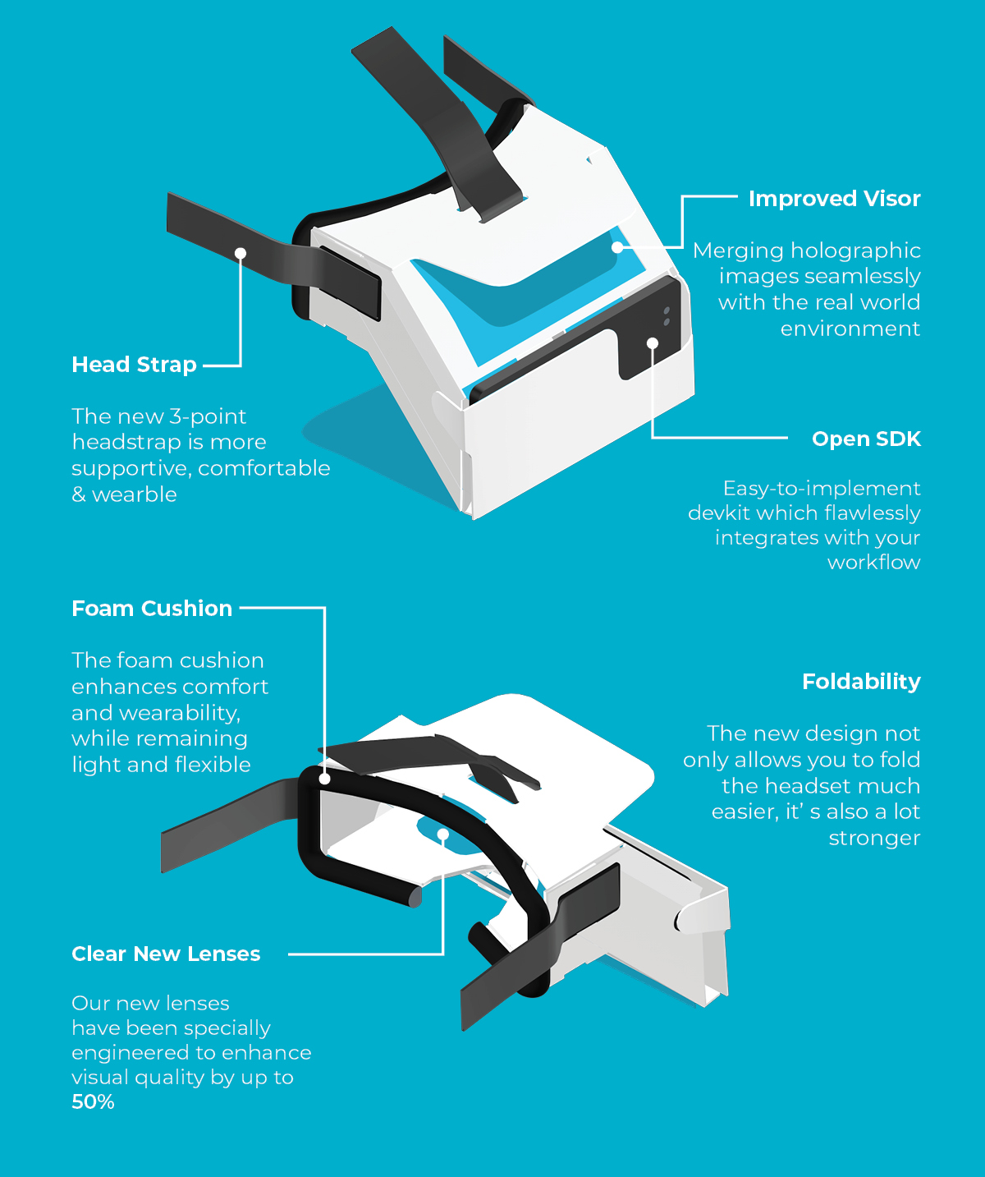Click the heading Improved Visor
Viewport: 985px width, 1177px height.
pyautogui.click(x=834, y=199)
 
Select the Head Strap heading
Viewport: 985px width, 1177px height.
pyautogui.click(x=134, y=365)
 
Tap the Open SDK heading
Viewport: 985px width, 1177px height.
pyautogui.click(x=866, y=439)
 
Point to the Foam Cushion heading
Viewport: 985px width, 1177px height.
pyautogui.click(x=152, y=609)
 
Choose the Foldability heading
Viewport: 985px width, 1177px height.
pyautogui.click(x=861, y=682)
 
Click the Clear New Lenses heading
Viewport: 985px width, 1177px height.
pyautogui.click(x=166, y=954)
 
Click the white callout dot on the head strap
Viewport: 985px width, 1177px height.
pyautogui.click(x=241, y=253)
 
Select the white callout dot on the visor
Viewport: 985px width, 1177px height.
pyautogui.click(x=617, y=247)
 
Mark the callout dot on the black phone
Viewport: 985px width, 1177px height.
pyautogui.click(x=652, y=343)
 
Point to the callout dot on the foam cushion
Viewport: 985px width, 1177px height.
pyautogui.click(x=324, y=779)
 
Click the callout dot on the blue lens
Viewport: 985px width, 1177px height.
pyautogui.click(x=443, y=834)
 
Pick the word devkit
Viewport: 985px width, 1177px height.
pyautogui.click(x=717, y=513)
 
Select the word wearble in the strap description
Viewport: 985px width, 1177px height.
pyautogui.click(x=135, y=494)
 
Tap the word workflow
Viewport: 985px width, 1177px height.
pyautogui.click(x=874, y=562)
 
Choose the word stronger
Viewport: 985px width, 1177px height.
pyautogui.click(x=874, y=839)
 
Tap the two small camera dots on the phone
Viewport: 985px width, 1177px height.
pyautogui.click(x=667, y=316)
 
